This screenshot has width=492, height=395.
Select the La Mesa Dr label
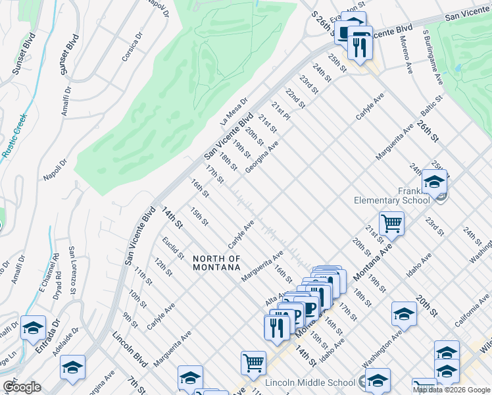coord(233,111)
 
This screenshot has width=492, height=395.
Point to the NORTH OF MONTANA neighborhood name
coord(216,263)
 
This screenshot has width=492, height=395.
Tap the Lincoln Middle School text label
coord(310,382)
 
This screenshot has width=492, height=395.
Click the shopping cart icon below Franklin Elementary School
coord(391,224)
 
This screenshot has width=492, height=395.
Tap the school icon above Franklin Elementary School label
coord(434,181)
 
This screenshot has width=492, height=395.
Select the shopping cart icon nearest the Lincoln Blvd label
coord(253,362)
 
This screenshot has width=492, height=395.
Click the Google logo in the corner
coord(22,387)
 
